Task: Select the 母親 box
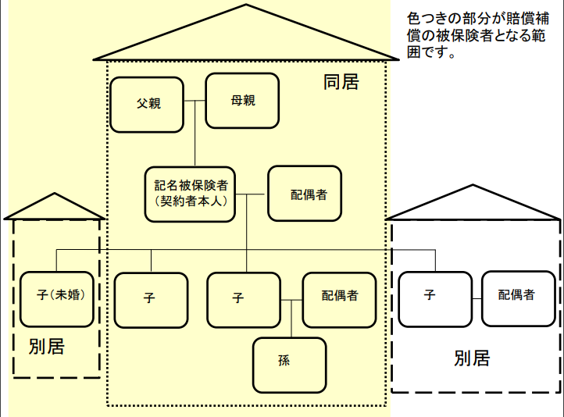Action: click(x=242, y=100)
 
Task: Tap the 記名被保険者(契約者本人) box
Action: click(x=190, y=194)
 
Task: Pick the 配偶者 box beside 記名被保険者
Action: click(x=305, y=194)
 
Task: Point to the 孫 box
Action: click(x=289, y=365)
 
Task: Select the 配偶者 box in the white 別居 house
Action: click(x=517, y=298)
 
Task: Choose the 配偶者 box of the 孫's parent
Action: click(x=339, y=299)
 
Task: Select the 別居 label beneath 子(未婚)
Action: click(x=46, y=347)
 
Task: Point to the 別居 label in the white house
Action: click(x=472, y=359)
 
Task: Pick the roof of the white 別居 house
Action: click(x=475, y=204)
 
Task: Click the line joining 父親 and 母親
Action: click(x=195, y=102)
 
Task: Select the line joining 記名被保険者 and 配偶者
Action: click(x=252, y=194)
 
